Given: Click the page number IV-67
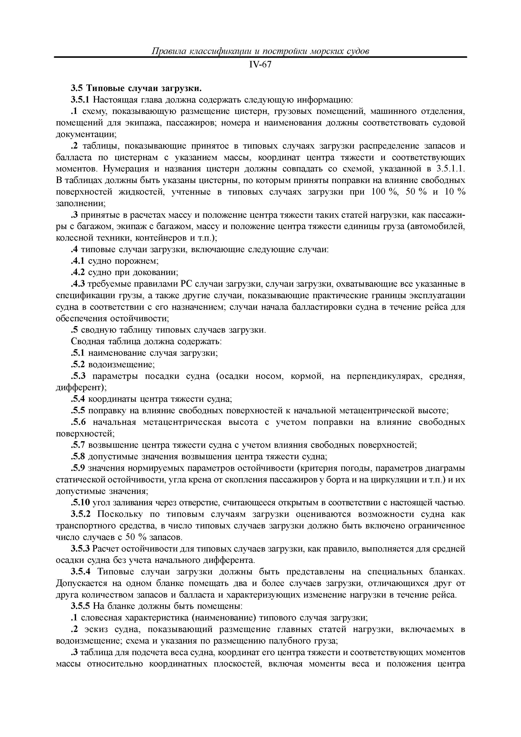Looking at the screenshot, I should (x=260, y=64).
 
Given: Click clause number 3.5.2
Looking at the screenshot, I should (x=81, y=514).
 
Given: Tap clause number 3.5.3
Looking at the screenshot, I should (x=81, y=549).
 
